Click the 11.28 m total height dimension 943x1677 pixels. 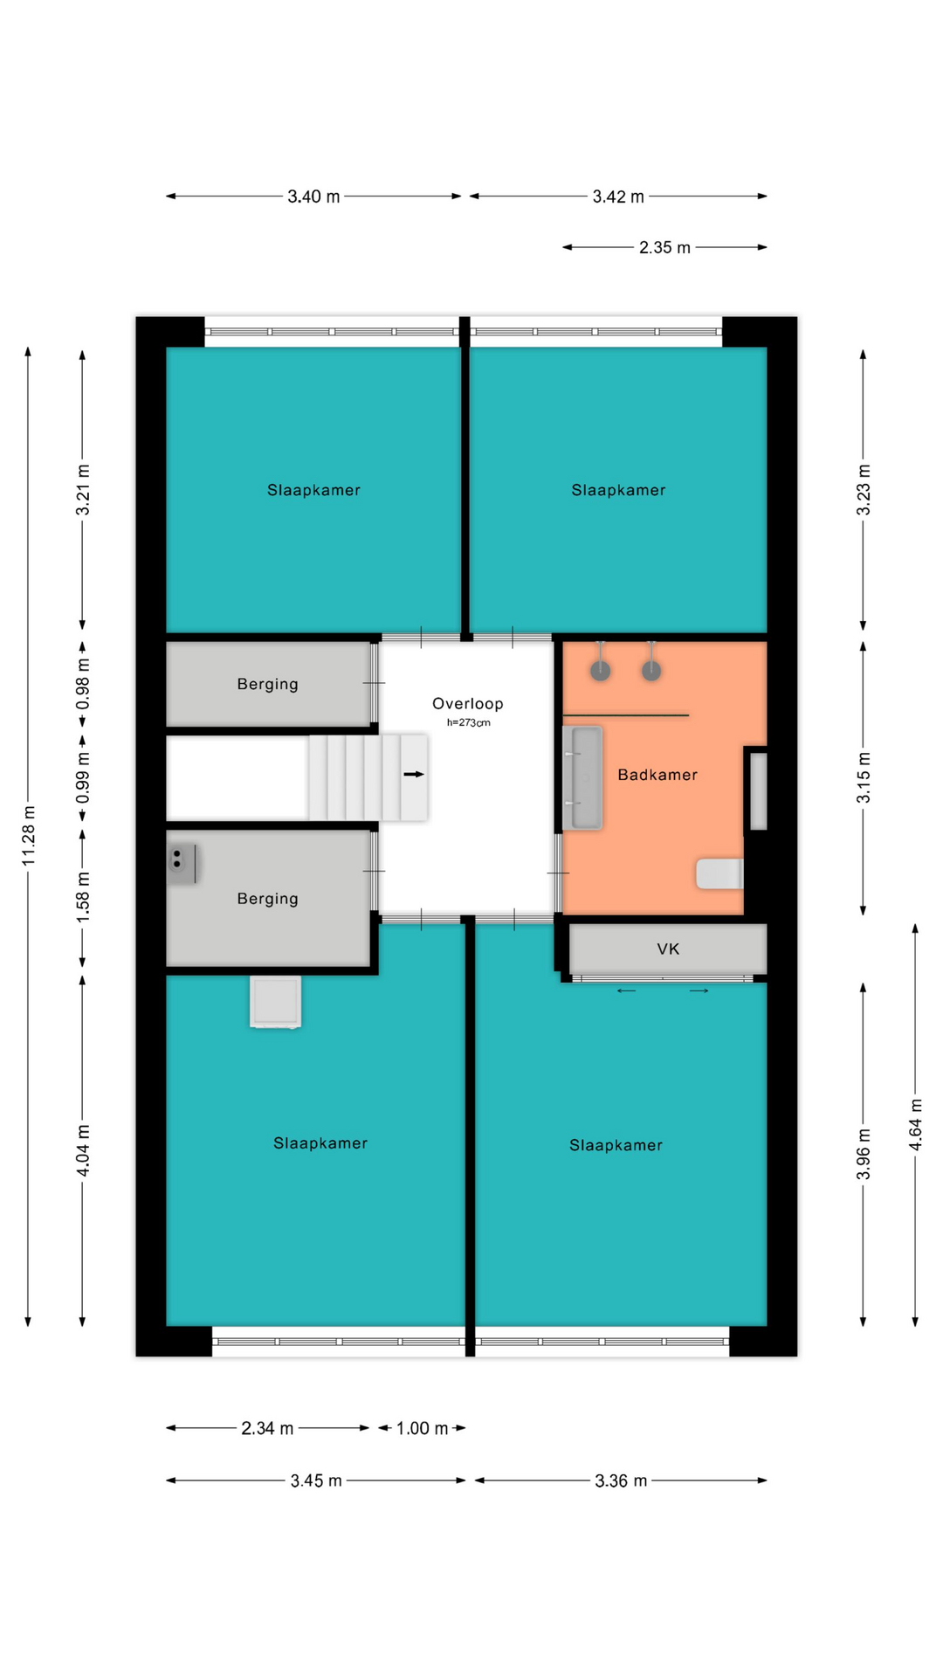click(x=29, y=836)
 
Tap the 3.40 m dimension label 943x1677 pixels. click(x=313, y=197)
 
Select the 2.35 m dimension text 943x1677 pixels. click(x=664, y=247)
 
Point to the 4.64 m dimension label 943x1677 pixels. click(x=915, y=1125)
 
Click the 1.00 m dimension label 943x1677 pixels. click(x=422, y=1428)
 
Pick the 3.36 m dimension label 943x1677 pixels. click(x=621, y=1480)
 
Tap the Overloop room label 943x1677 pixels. click(x=468, y=703)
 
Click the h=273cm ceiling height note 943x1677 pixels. click(x=469, y=722)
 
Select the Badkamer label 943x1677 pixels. click(x=657, y=775)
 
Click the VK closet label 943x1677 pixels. click(x=668, y=949)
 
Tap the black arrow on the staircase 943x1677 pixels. click(x=414, y=774)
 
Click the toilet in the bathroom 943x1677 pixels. click(x=719, y=873)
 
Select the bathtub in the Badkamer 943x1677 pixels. click(x=582, y=776)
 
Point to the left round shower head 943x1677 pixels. click(x=600, y=670)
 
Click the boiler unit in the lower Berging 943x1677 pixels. click(x=182, y=863)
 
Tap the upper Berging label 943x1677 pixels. click(x=268, y=684)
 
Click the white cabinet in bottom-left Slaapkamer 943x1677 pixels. click(x=276, y=1001)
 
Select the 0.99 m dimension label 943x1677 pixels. click(x=83, y=777)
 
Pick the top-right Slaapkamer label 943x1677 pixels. click(x=618, y=490)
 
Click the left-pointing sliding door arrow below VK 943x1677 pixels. click(x=627, y=990)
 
